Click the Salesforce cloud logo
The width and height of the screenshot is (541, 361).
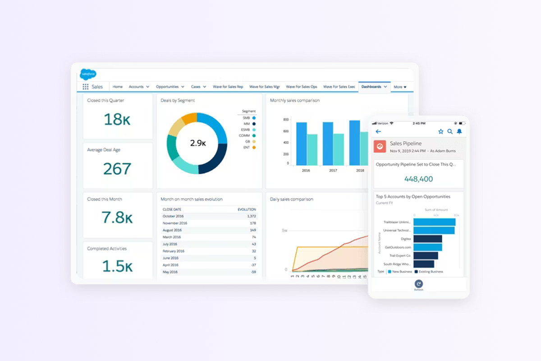(x=88, y=74)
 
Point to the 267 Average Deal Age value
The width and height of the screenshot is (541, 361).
(x=117, y=169)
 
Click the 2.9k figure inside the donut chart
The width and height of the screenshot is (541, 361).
(x=198, y=143)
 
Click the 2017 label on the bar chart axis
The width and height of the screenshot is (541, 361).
(x=333, y=171)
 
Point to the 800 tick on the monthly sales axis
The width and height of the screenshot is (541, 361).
(x=286, y=120)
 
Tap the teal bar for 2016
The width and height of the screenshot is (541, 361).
(x=312, y=149)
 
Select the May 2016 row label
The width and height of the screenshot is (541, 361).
(x=170, y=272)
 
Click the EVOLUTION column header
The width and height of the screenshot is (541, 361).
(x=247, y=209)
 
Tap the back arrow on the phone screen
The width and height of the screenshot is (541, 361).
(x=378, y=132)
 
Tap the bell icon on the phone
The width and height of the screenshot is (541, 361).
(x=459, y=132)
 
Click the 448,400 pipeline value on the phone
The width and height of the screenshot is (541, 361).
(x=418, y=179)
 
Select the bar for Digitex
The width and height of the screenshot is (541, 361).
(x=427, y=239)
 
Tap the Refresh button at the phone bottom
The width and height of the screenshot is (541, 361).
(x=419, y=284)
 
